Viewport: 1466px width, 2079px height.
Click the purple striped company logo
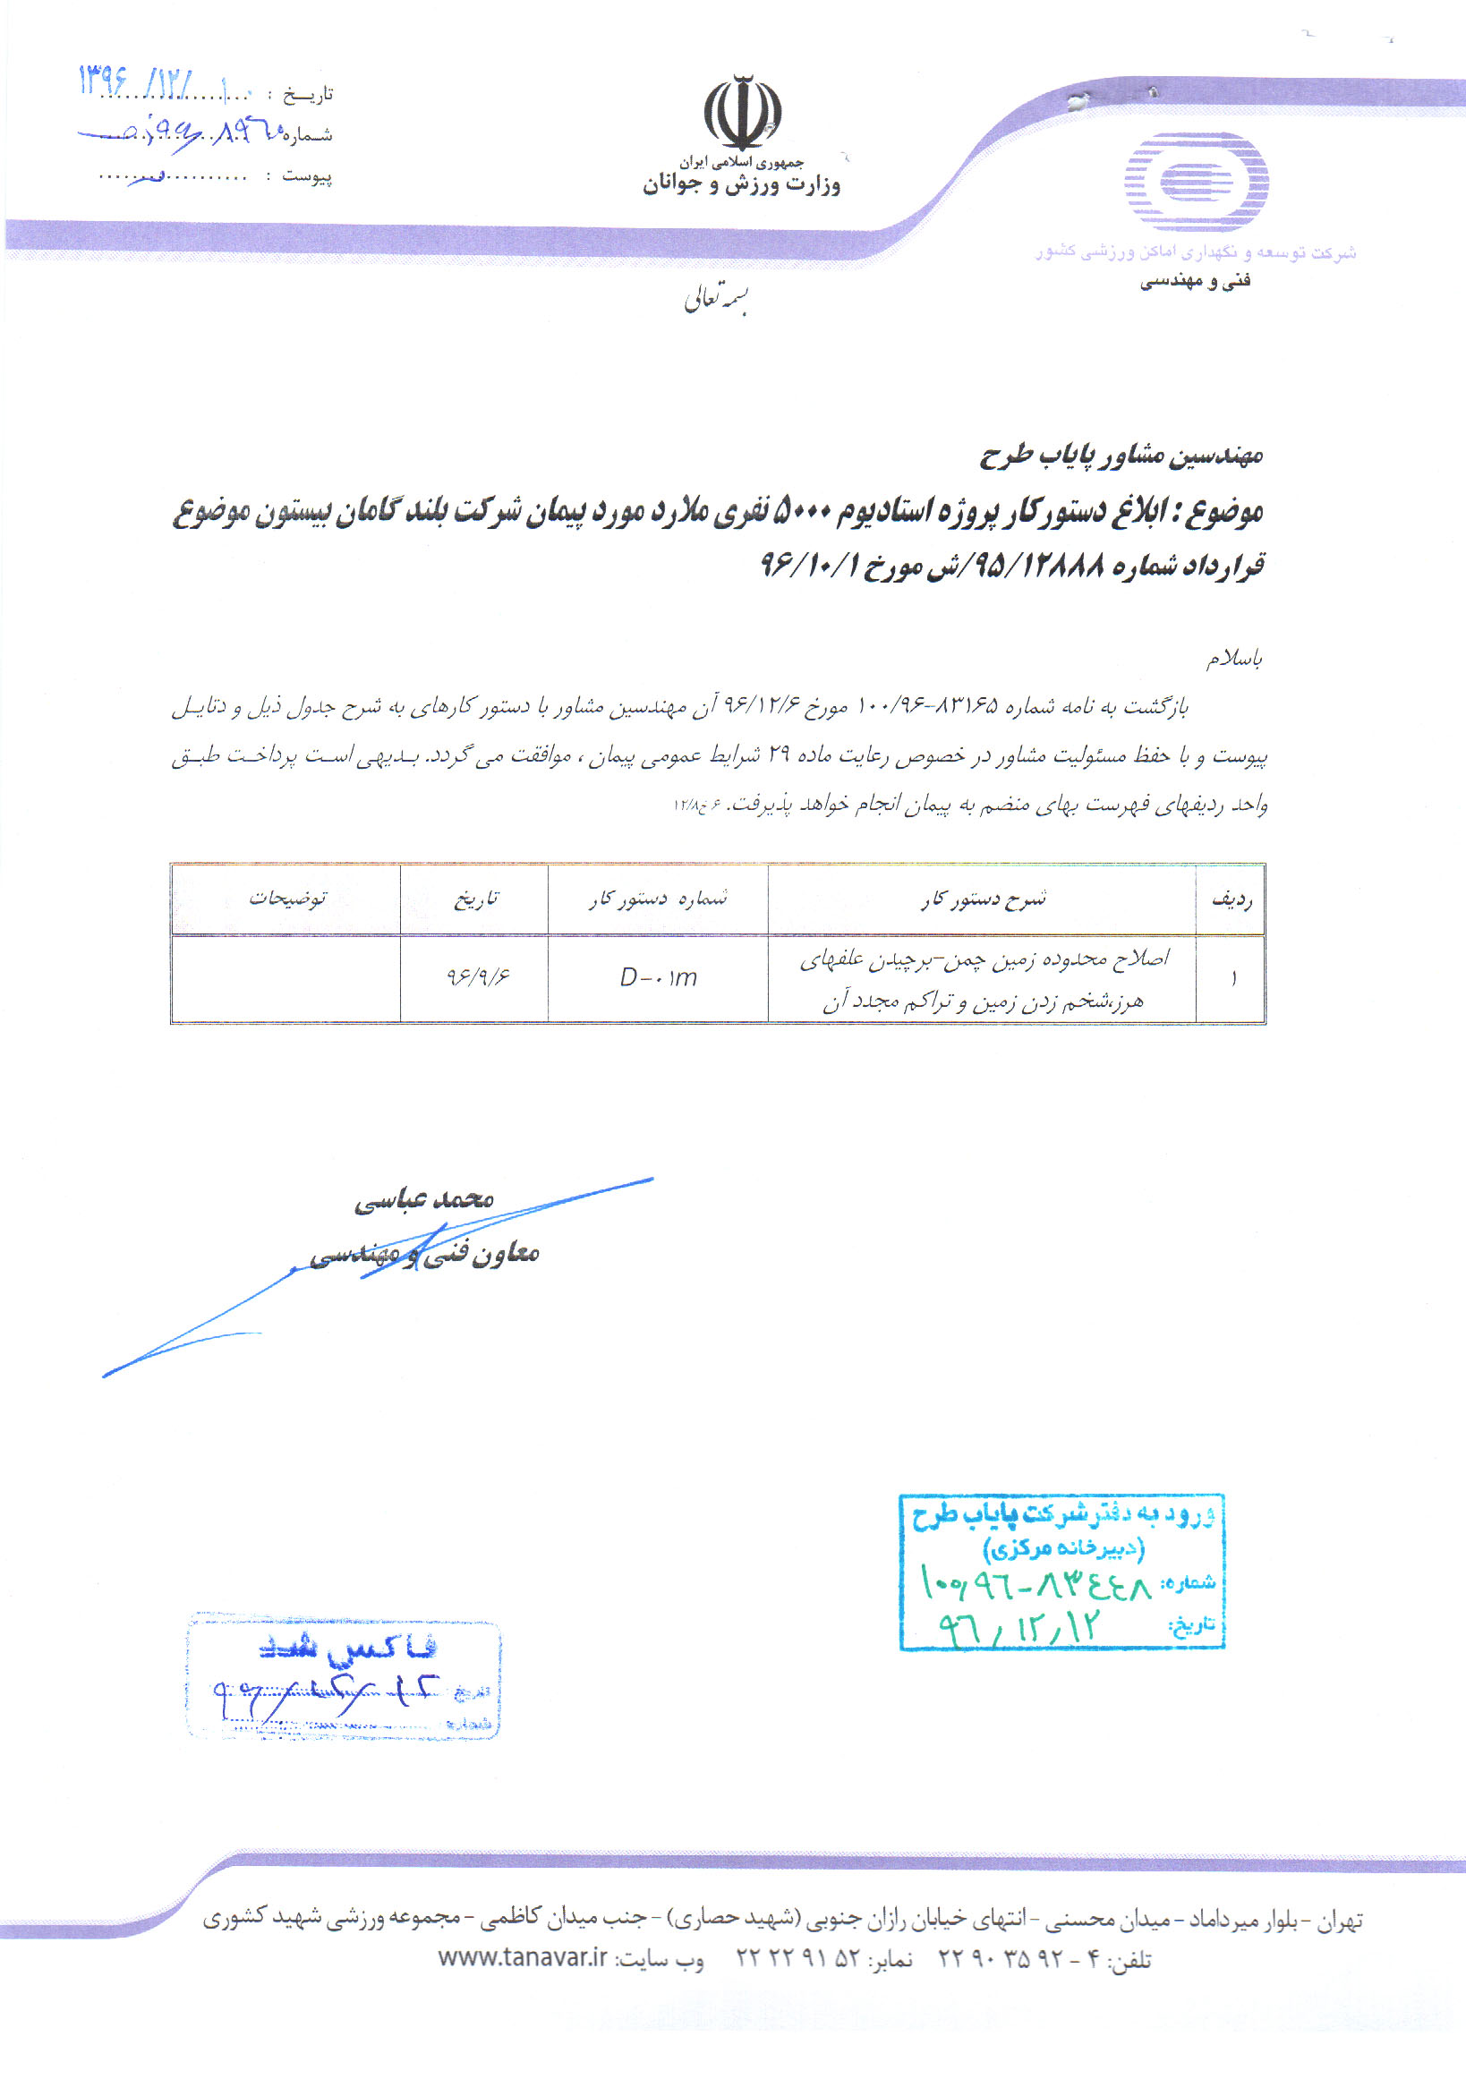1197,181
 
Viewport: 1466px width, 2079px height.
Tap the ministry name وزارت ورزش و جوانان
742,185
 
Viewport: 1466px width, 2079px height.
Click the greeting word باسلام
1233,660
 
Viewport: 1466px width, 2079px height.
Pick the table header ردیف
1232,899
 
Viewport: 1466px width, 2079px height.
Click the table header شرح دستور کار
983,899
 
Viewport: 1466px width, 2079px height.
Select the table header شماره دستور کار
659,899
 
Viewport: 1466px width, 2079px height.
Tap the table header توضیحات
287,899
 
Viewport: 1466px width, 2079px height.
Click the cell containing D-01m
659,978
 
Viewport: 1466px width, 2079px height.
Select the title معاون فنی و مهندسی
425,1254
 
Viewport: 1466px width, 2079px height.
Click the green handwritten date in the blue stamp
1019,1629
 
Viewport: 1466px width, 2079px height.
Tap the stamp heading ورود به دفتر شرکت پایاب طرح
1064,1515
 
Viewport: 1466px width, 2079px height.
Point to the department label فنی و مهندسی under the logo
1195,282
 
